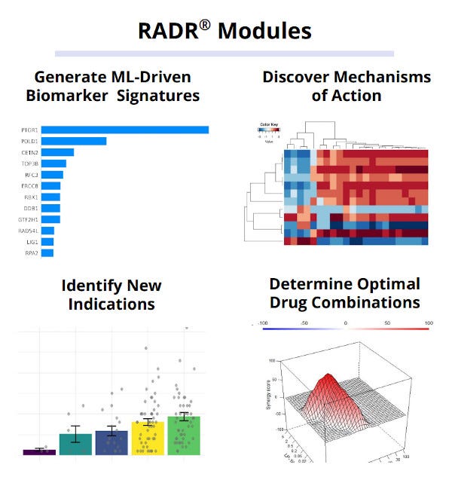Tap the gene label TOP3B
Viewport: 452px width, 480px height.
[29, 163]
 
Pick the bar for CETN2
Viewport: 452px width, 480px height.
[57, 152]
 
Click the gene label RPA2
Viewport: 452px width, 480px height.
[31, 253]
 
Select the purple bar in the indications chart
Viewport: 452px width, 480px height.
[34, 451]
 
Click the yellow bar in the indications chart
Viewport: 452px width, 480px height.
[148, 438]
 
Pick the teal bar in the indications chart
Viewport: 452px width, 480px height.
[75, 444]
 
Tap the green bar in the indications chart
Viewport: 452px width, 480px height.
[184, 435]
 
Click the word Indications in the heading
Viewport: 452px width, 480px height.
[111, 304]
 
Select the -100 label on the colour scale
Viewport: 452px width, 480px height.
[263, 323]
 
